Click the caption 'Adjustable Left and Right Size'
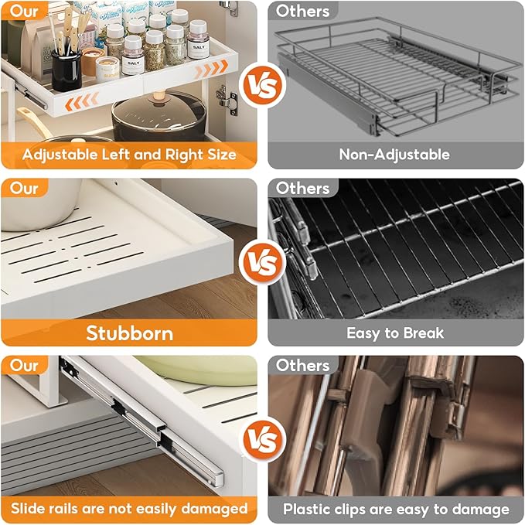click(128, 154)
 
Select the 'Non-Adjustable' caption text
click(394, 154)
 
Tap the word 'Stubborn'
click(129, 333)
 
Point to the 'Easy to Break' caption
click(394, 333)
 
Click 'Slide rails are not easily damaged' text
click(128, 508)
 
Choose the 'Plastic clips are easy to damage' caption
click(395, 509)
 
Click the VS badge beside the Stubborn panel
click(262, 263)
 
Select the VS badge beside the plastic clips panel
click(262, 440)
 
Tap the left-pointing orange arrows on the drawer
click(82, 101)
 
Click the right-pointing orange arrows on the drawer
click(210, 70)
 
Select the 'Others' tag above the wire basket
click(302, 12)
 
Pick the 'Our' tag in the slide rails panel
click(24, 364)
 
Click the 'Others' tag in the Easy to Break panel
click(302, 188)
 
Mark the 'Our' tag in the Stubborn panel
click(24, 188)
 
